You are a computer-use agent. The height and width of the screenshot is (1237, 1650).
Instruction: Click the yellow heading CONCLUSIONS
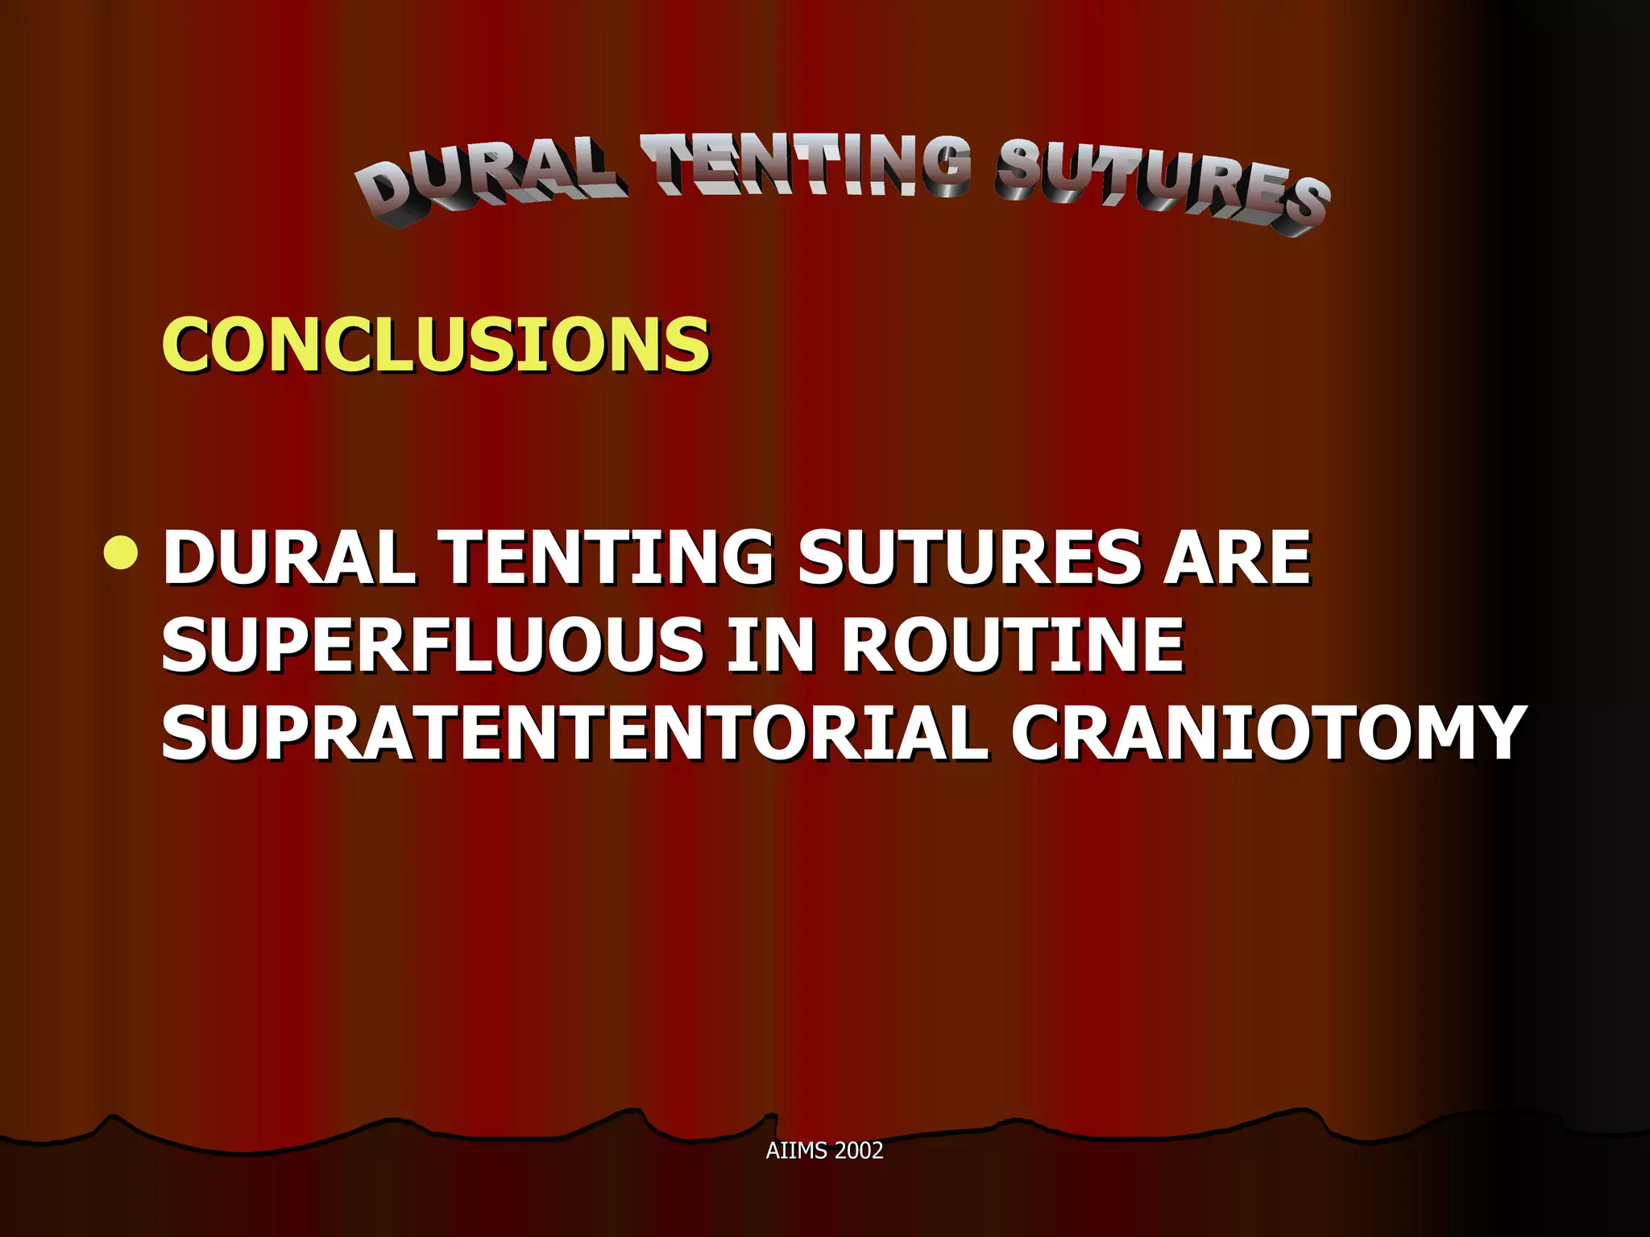pyautogui.click(x=436, y=345)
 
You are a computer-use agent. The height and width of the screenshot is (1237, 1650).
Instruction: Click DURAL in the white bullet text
pyautogui.click(x=288, y=557)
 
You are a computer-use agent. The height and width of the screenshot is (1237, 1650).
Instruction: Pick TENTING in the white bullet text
pyautogui.click(x=608, y=557)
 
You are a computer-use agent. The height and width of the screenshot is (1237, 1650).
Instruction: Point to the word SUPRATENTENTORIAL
pyautogui.click(x=574, y=733)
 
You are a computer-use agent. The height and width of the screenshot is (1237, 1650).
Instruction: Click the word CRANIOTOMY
pyautogui.click(x=1268, y=733)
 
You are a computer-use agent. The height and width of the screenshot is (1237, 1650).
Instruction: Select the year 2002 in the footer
pyautogui.click(x=859, y=1151)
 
